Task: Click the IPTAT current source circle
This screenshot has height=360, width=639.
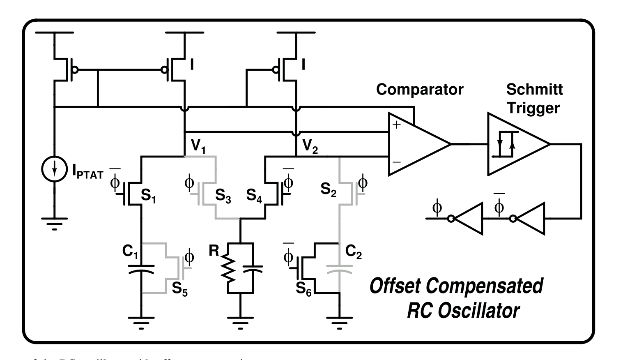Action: pos(54,169)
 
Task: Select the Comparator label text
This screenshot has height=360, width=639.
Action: pos(419,90)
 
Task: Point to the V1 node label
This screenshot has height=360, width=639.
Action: pos(198,146)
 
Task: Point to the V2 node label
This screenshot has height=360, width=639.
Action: pos(310,146)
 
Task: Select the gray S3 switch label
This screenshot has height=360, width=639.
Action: pos(223,196)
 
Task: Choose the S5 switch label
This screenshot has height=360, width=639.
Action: pos(180,289)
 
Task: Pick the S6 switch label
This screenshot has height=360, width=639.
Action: pos(303,289)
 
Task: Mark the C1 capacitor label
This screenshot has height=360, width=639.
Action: pos(130,252)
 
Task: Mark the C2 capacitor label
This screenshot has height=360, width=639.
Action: pos(354,252)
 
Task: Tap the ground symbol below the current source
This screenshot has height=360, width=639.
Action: pos(54,224)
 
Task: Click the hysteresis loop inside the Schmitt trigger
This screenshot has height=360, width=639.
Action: pos(505,144)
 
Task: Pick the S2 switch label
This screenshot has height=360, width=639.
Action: pos(329,189)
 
